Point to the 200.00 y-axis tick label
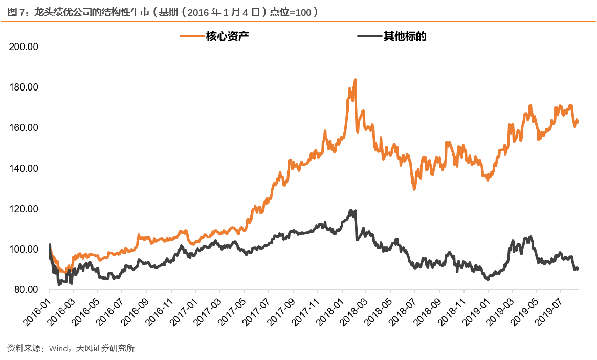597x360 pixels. [x=25, y=47]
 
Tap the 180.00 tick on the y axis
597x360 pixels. [x=25, y=87]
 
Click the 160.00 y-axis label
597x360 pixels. [x=25, y=128]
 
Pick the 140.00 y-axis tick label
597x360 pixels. [x=25, y=169]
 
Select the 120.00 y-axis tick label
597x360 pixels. [x=25, y=209]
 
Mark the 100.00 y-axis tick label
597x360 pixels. [x=25, y=250]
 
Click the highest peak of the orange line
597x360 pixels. [x=355, y=80]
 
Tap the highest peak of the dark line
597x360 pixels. [x=351, y=210]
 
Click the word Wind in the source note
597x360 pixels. [x=58, y=349]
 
